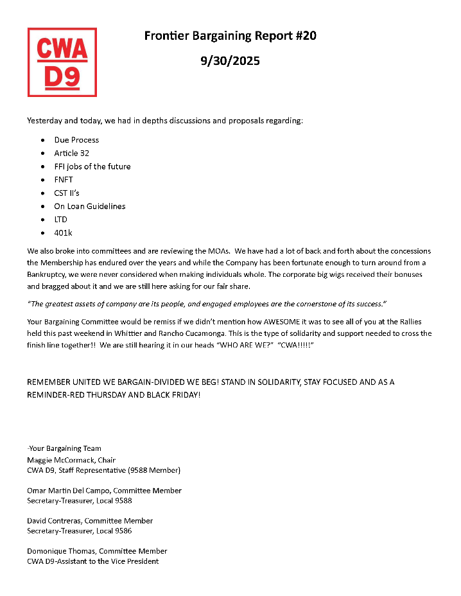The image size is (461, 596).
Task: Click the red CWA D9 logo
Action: coord(62,62)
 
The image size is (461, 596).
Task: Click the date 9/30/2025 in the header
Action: coord(230,61)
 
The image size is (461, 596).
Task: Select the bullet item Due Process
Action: coord(76,139)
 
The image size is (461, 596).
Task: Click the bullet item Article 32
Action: coord(71,153)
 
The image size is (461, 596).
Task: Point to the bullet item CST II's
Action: coord(67,193)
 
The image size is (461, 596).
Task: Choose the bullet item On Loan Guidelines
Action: coord(90,206)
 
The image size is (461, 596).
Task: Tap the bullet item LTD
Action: coord(61,220)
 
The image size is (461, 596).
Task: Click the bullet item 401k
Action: coord(64,233)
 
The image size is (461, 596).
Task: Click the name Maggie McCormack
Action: coord(58,460)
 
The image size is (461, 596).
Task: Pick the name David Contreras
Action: coord(54,520)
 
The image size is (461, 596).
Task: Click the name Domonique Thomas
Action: coord(61,551)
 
